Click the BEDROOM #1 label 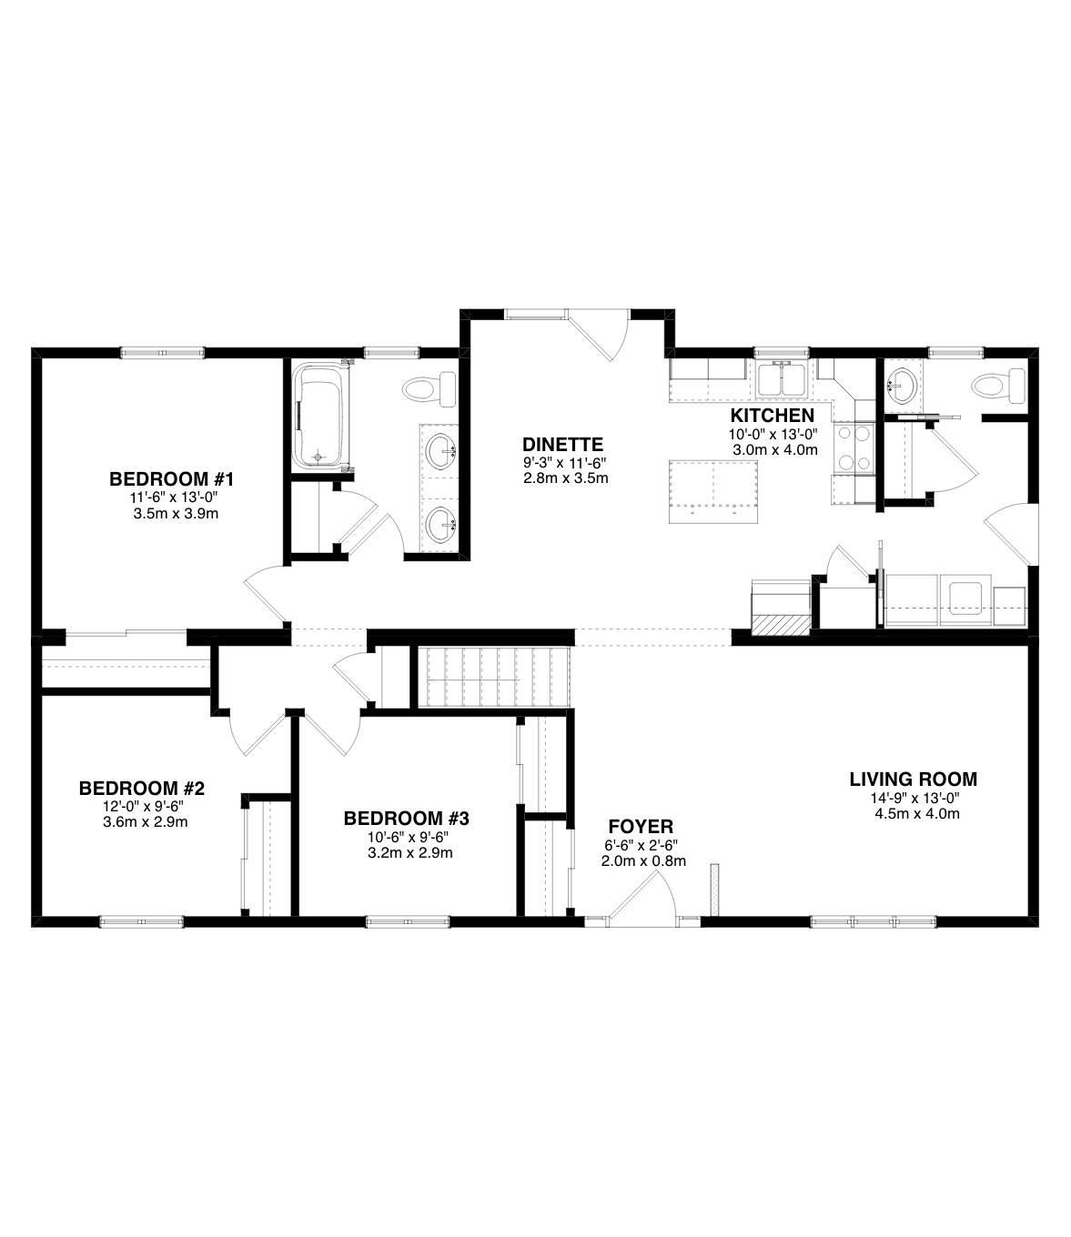tap(171, 479)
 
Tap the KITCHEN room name tap(773, 416)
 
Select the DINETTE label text tap(562, 444)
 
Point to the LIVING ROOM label tap(913, 779)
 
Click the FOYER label tap(641, 827)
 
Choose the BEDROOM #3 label tap(407, 818)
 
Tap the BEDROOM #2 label tap(142, 789)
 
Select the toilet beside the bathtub tap(430, 389)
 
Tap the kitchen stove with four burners tap(856, 448)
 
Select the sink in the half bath tap(902, 386)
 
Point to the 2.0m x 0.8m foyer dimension tap(643, 861)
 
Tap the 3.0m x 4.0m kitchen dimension tap(775, 450)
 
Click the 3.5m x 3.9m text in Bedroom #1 tap(176, 514)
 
